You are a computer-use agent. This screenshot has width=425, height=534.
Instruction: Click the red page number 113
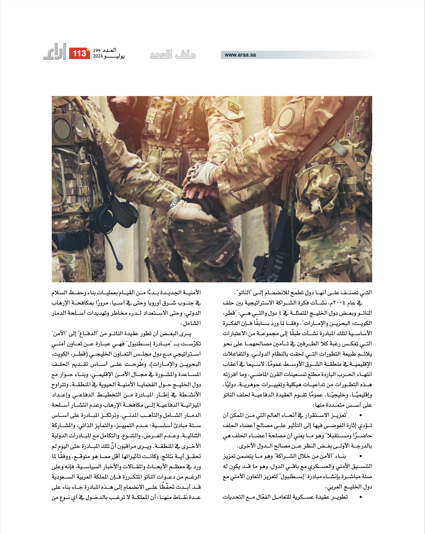tap(79, 53)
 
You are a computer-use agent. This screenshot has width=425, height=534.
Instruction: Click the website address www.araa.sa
tap(240, 55)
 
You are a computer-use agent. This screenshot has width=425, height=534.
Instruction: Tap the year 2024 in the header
tap(98, 56)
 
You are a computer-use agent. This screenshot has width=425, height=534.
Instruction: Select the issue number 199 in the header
tap(97, 50)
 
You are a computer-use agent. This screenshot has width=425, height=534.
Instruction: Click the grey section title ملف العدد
tap(173, 54)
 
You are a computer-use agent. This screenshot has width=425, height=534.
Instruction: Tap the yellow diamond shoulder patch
tap(233, 108)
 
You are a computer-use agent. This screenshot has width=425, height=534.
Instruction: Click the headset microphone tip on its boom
tap(119, 265)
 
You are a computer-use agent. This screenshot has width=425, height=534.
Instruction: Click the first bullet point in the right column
tap(361, 415)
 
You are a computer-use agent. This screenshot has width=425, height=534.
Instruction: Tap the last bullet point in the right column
tap(361, 497)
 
